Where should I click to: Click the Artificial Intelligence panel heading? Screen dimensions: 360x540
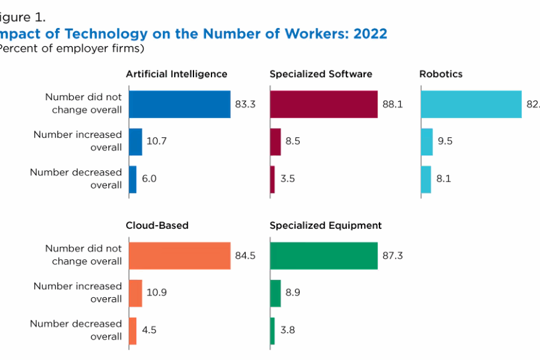pyautogui.click(x=177, y=74)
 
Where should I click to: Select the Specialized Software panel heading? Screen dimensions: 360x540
pyautogui.click(x=320, y=74)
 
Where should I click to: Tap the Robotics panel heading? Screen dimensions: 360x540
pyautogui.click(x=440, y=74)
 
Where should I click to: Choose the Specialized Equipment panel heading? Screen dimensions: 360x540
pyautogui.click(x=325, y=225)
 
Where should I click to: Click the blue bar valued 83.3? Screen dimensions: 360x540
pyautogui.click(x=179, y=104)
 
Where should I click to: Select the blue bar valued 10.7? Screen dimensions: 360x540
pyautogui.click(x=135, y=141)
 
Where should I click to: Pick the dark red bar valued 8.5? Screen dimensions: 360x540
pyautogui.click(x=275, y=141)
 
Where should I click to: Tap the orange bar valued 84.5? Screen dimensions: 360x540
pyautogui.click(x=179, y=256)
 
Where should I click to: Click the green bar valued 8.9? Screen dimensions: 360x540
pyautogui.click(x=275, y=293)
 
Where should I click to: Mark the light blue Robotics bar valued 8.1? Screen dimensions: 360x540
pyautogui.click(x=426, y=179)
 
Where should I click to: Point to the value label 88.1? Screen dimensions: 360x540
pyautogui.click(x=393, y=104)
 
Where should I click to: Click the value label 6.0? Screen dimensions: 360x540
pyautogui.click(x=149, y=179)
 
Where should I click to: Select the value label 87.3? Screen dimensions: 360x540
pyautogui.click(x=392, y=256)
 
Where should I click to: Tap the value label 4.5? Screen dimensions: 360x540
pyautogui.click(x=149, y=330)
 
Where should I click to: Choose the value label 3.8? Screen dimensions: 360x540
pyautogui.click(x=287, y=330)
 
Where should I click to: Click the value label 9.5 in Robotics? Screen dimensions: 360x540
pyautogui.click(x=445, y=141)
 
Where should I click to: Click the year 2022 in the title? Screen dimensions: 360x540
pyautogui.click(x=370, y=34)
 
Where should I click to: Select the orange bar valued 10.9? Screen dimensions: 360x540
pyautogui.click(x=135, y=293)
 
